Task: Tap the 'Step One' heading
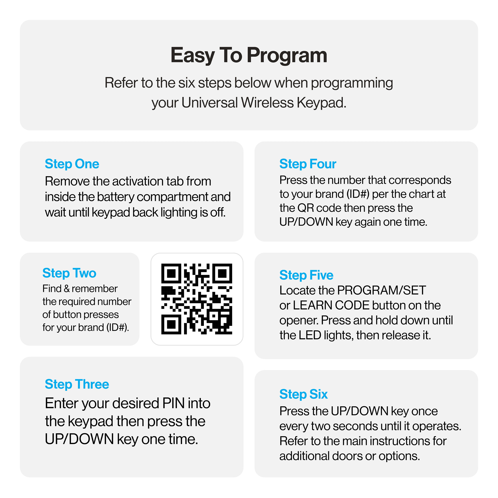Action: [72, 164]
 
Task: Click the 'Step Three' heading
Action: [77, 384]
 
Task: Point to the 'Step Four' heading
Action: [308, 164]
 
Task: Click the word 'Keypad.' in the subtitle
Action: [321, 103]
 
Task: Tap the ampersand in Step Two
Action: [67, 289]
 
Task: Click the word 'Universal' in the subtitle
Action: [209, 103]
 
